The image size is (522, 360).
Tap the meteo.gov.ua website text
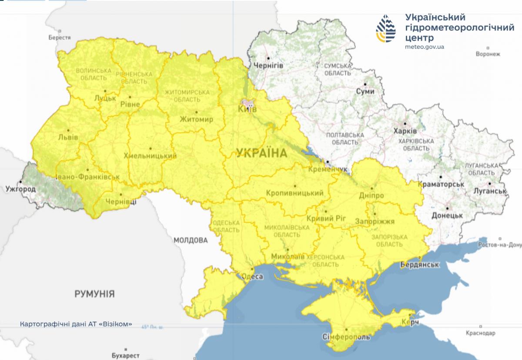click(424, 47)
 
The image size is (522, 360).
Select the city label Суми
click(365, 91)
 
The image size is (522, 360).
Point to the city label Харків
click(405, 131)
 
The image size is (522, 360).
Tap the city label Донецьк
click(447, 215)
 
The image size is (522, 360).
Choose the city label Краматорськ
click(441, 184)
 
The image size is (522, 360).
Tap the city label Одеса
click(252, 276)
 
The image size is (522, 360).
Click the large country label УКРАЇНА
click(261, 153)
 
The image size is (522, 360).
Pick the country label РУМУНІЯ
click(94, 294)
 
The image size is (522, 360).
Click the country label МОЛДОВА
click(191, 240)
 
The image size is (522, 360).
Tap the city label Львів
click(68, 137)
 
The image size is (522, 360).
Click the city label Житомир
click(197, 119)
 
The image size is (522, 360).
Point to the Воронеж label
click(488, 54)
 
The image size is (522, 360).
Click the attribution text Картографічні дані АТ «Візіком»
click(75, 324)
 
